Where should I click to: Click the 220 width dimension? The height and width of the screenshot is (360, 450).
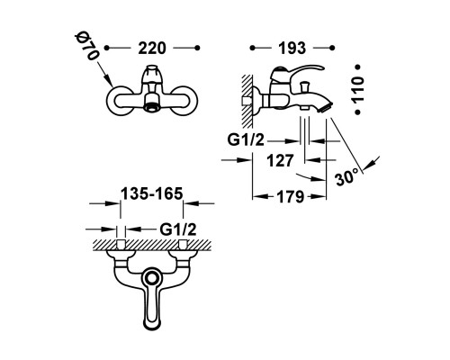coord(152,48)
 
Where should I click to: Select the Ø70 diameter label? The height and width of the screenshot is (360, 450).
coord(86,47)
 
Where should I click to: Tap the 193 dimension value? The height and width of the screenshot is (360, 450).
coord(292,48)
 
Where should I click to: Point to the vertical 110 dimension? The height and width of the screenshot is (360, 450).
coord(358,89)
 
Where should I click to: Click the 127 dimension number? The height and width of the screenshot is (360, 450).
coord(280,161)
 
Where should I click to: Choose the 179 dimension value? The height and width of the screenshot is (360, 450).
coord(291,197)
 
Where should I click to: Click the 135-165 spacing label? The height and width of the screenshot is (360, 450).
coord(152,193)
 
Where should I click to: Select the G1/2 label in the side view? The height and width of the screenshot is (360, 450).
coord(246,139)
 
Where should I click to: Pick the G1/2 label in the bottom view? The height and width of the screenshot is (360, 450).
coord(178,229)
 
